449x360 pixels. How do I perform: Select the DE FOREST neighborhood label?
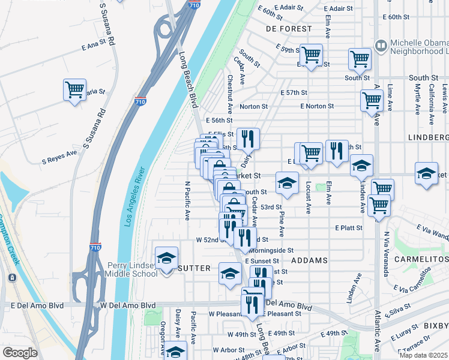tap(289, 29)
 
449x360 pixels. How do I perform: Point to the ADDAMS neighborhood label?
tap(310, 260)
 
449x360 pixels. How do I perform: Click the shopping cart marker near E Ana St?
tap(74, 90)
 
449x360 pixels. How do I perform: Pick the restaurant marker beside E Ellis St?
tap(248, 139)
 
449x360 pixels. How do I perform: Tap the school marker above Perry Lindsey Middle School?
tap(167, 258)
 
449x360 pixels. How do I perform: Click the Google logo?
tap(20, 353)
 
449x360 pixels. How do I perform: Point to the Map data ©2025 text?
tap(423, 355)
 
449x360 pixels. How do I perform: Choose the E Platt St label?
tap(349, 228)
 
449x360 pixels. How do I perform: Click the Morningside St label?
tap(271, 250)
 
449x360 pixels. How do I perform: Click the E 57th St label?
tap(294, 93)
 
